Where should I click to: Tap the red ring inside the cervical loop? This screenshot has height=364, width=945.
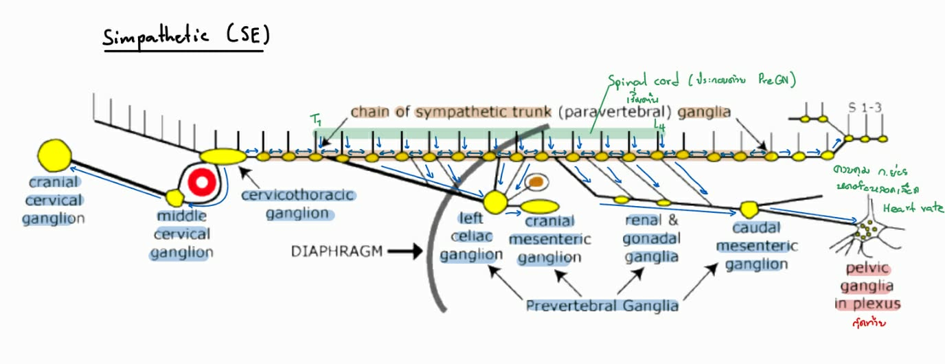point(202,183)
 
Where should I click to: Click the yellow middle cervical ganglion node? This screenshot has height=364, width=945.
point(176,198)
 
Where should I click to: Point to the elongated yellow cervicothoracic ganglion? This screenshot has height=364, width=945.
point(223,157)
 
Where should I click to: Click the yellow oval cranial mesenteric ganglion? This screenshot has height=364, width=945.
point(540,206)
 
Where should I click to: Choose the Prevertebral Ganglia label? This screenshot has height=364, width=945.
point(602,306)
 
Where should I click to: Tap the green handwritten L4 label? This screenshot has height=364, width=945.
point(660,124)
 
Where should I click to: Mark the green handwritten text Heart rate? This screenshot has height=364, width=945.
point(913,207)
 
